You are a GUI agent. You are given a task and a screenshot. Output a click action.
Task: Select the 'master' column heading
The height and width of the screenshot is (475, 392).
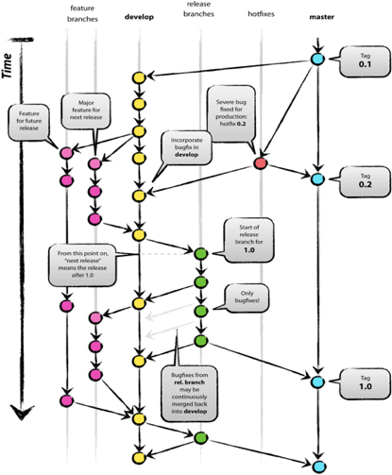[x=317, y=17]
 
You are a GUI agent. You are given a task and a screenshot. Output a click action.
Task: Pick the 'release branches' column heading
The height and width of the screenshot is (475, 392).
[x=199, y=13]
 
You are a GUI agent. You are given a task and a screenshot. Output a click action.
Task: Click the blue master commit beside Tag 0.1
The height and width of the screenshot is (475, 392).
[x=317, y=59]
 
